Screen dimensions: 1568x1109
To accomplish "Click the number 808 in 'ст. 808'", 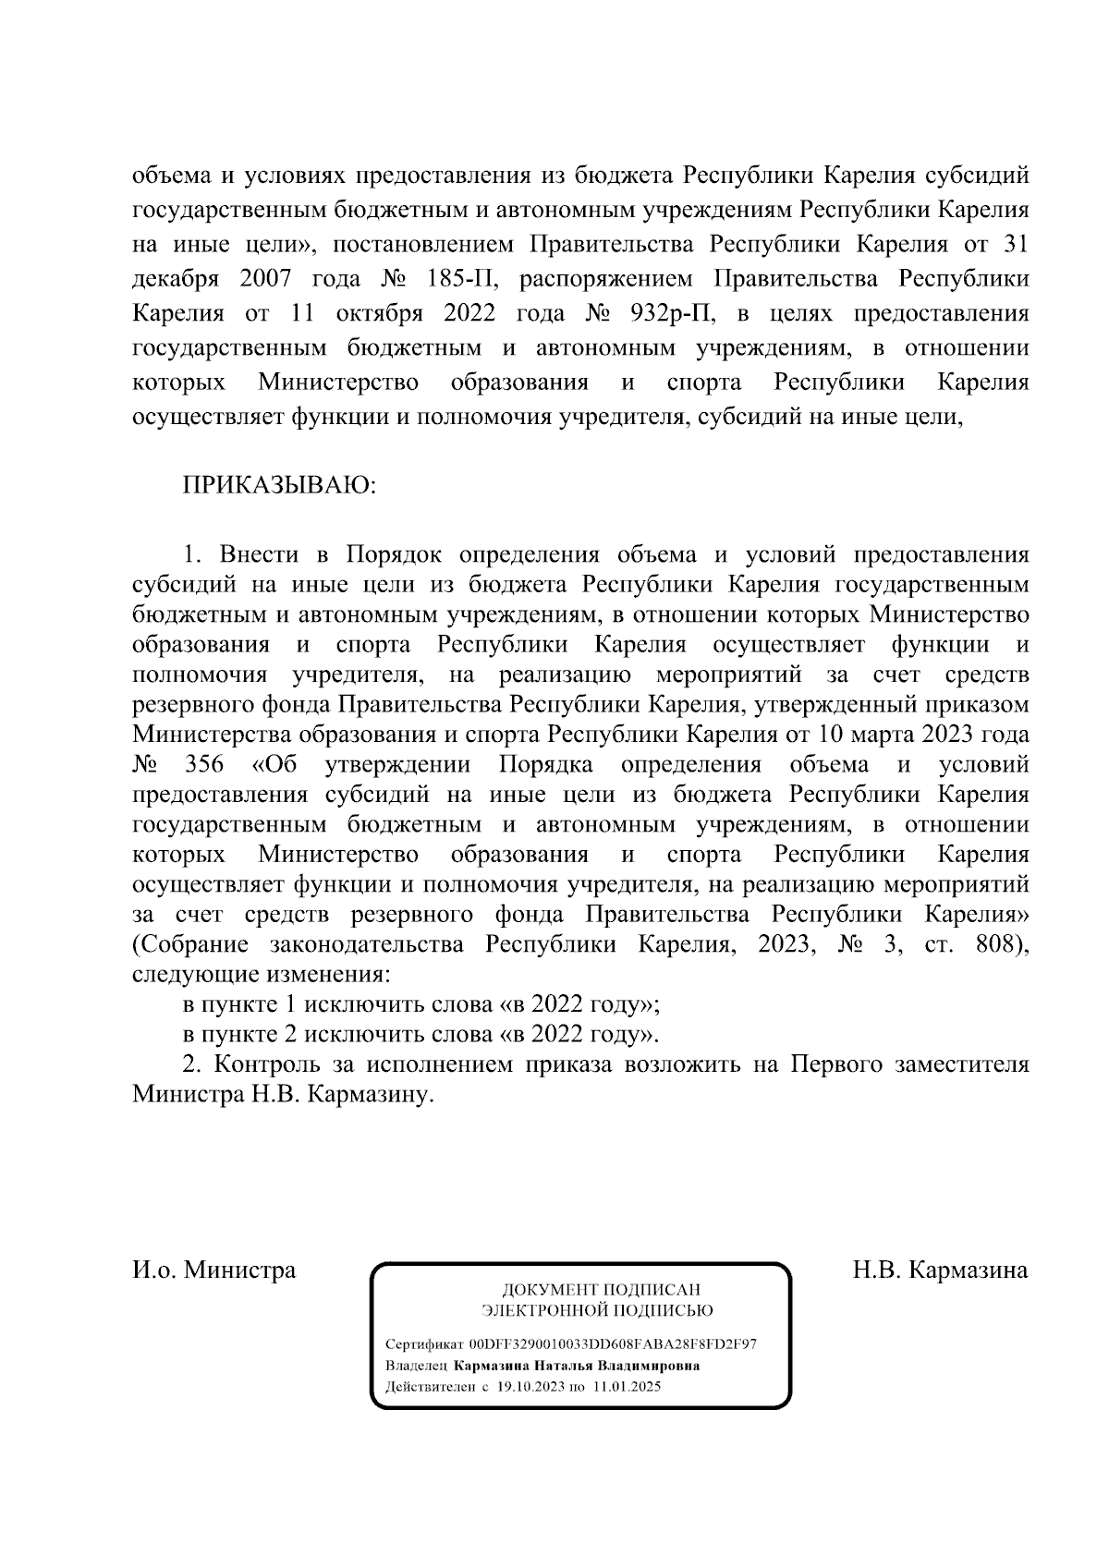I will [x=1001, y=945].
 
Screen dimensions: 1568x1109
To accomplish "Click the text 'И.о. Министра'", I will [x=214, y=1270].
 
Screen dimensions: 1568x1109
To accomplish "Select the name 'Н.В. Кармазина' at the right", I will [x=940, y=1270].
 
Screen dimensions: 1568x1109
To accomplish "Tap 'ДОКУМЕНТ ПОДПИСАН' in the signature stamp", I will [x=600, y=1290].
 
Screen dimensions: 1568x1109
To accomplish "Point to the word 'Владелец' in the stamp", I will [x=416, y=1366].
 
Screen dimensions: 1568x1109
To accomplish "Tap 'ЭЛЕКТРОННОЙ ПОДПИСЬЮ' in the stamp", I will [x=598, y=1310].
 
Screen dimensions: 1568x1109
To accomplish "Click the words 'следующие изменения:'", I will [x=262, y=975].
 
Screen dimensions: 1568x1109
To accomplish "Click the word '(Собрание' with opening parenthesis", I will [x=191, y=945].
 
